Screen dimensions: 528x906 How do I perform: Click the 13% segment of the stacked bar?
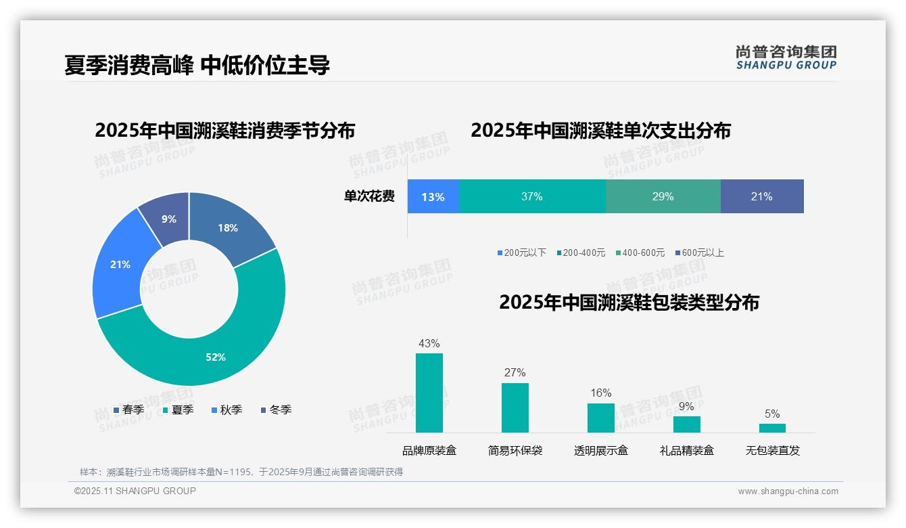click(433, 197)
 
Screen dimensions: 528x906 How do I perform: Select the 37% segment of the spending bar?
click(532, 196)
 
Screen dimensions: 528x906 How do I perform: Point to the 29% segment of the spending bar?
click(663, 196)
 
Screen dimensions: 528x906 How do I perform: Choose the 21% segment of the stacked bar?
click(762, 196)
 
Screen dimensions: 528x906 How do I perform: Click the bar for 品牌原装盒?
click(429, 393)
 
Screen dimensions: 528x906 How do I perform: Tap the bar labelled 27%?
click(515, 408)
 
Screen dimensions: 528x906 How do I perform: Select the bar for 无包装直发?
click(772, 428)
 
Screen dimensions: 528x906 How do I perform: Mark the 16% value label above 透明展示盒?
click(600, 393)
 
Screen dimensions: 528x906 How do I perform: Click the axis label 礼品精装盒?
click(686, 451)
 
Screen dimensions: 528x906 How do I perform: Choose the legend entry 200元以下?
click(521, 253)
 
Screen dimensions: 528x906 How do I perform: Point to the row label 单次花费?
click(369, 197)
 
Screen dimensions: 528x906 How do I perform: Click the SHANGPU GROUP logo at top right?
click(786, 58)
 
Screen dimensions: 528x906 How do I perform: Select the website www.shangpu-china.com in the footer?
click(788, 491)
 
